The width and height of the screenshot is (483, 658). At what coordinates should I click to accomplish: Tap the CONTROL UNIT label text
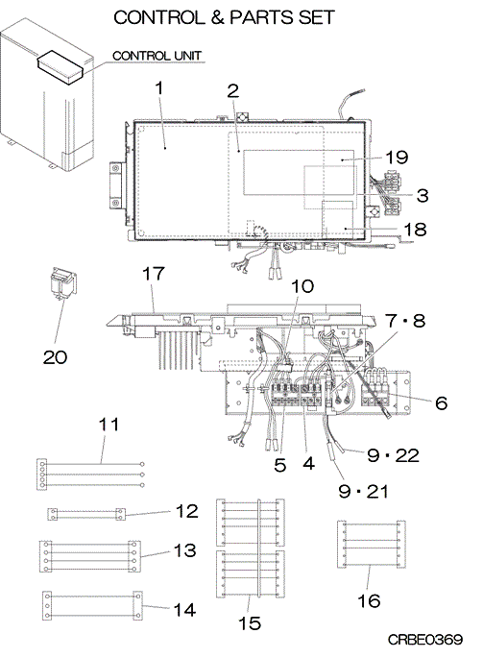[x=157, y=56]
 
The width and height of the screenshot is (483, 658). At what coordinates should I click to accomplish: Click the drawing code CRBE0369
[x=424, y=640]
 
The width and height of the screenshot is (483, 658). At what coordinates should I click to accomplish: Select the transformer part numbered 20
[x=63, y=282]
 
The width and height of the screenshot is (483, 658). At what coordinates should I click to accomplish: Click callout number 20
[x=55, y=357]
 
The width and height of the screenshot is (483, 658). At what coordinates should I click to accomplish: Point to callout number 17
[x=154, y=274]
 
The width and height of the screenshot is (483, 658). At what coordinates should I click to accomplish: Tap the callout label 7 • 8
[x=405, y=321]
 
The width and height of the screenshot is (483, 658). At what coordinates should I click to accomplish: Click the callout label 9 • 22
[x=393, y=455]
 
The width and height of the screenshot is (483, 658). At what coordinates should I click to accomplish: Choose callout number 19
[x=397, y=158]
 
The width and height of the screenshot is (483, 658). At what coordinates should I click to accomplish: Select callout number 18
[x=415, y=230]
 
